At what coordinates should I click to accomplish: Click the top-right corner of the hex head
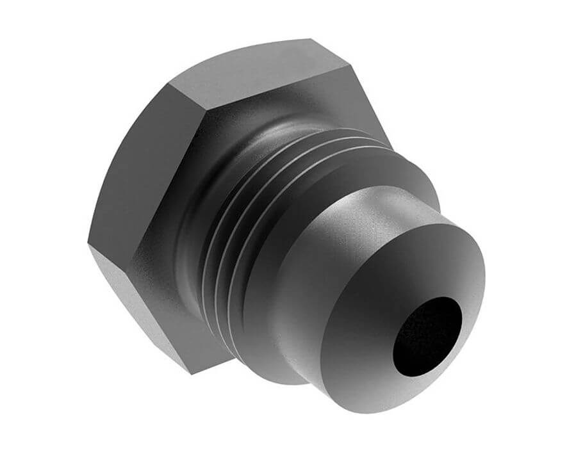(351, 64)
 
